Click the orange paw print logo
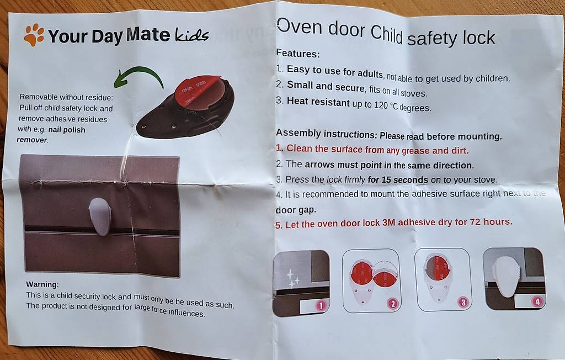tap(34, 35)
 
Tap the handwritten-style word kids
tap(191, 35)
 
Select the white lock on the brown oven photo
tap(100, 216)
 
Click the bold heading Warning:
tap(42, 284)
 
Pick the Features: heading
tap(297, 54)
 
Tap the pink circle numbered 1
tap(321, 306)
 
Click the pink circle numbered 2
tap(393, 304)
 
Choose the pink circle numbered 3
tap(463, 302)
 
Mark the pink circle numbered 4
tap(537, 301)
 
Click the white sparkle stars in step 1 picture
tap(292, 279)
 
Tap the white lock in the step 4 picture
tap(507, 276)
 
